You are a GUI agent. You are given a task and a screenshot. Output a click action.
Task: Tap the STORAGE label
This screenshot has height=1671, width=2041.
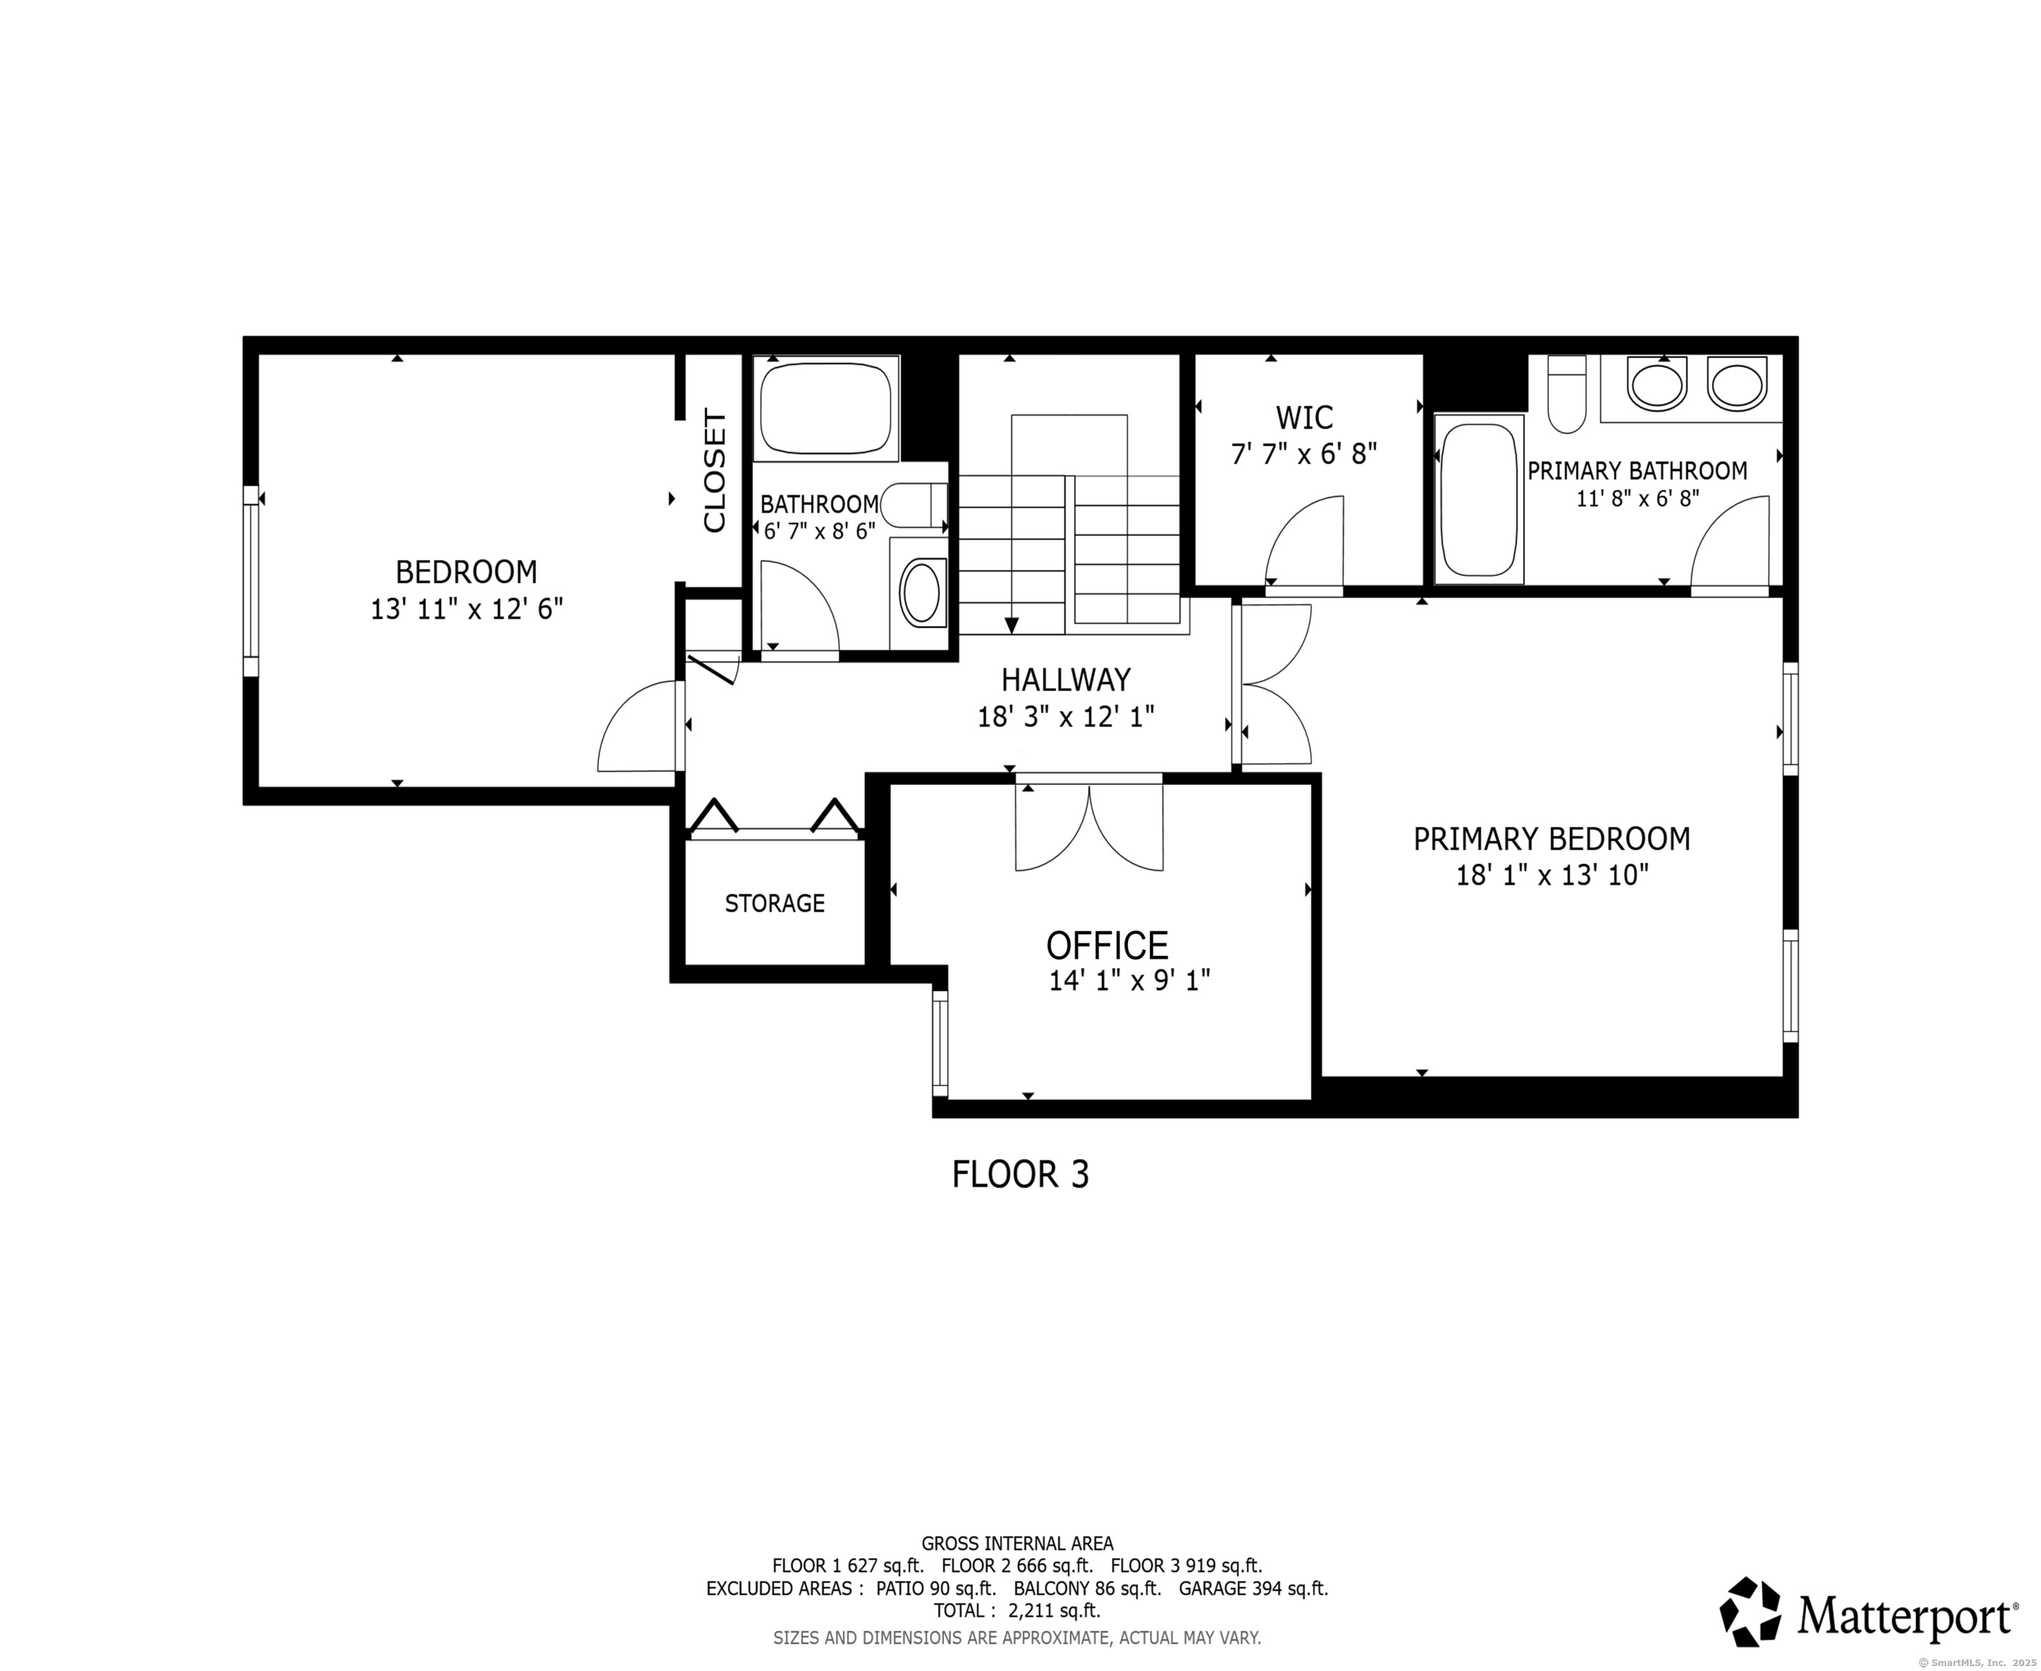(775, 903)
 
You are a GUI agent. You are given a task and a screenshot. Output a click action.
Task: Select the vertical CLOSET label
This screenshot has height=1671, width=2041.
(715, 471)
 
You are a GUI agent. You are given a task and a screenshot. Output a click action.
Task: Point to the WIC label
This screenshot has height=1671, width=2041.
(1305, 418)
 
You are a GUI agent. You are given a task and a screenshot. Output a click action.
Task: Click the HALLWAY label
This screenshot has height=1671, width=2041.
(1066, 680)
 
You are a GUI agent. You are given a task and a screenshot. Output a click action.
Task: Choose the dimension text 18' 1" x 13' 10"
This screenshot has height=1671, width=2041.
(1552, 875)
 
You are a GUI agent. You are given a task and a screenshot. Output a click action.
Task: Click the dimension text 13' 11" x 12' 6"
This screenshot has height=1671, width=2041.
(467, 609)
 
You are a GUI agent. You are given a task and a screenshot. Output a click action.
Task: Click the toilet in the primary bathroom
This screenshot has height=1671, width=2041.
(1566, 394)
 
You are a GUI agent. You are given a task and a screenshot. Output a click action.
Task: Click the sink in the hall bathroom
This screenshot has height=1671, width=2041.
(921, 594)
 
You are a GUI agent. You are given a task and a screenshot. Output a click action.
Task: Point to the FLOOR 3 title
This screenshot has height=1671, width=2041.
(1020, 1174)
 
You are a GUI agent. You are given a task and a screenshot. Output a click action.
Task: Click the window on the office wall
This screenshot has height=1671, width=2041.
(940, 1044)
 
